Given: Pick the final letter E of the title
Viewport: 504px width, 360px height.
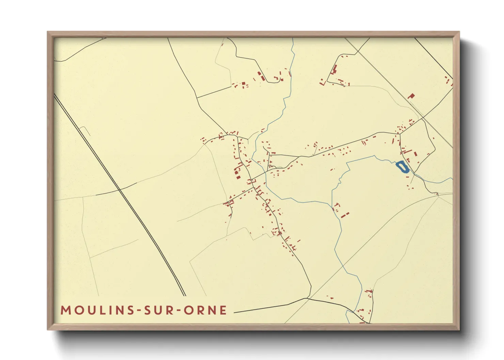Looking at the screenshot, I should tap(223, 310).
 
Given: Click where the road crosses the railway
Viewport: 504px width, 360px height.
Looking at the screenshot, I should tap(119, 189).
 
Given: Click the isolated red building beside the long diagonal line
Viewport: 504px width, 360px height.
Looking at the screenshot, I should tap(411, 96).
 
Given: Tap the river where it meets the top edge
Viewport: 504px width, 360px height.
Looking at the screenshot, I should tap(293, 39).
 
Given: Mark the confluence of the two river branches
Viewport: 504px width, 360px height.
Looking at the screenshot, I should tap(332, 206).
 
